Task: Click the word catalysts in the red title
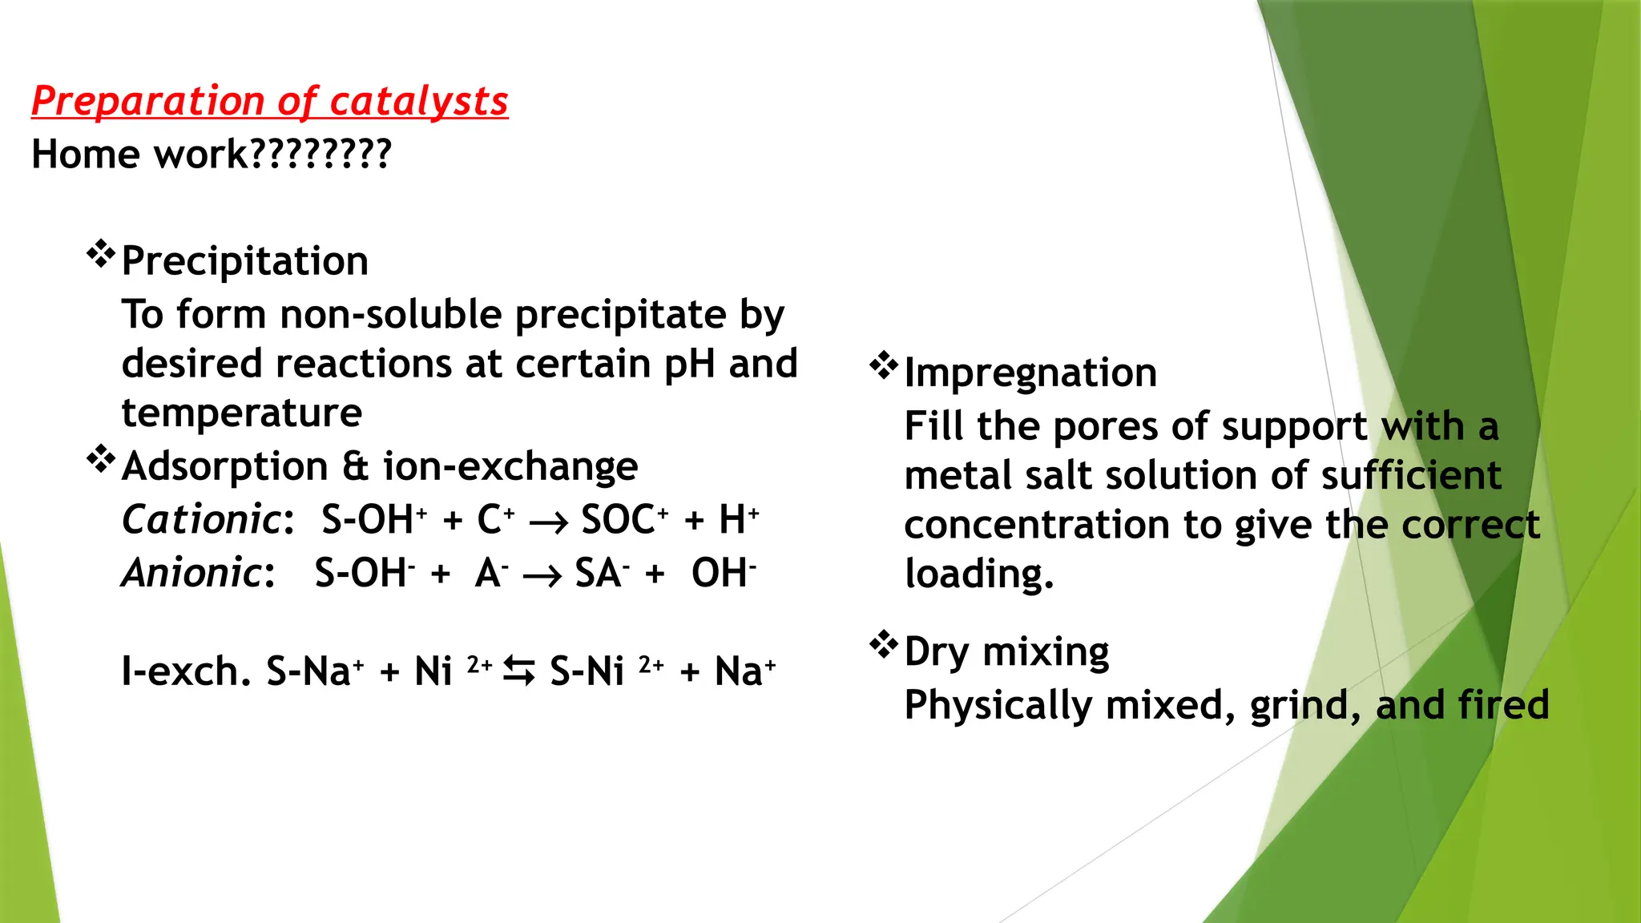click(418, 102)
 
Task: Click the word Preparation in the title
click(147, 102)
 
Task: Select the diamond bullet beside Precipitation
click(100, 255)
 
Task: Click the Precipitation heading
click(244, 261)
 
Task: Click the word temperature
click(241, 413)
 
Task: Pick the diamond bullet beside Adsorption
click(100, 460)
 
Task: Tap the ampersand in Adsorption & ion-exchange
click(355, 466)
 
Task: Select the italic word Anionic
click(191, 574)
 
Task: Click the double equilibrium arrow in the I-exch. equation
click(519, 671)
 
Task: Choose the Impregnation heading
click(1030, 373)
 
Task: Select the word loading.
click(978, 574)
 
